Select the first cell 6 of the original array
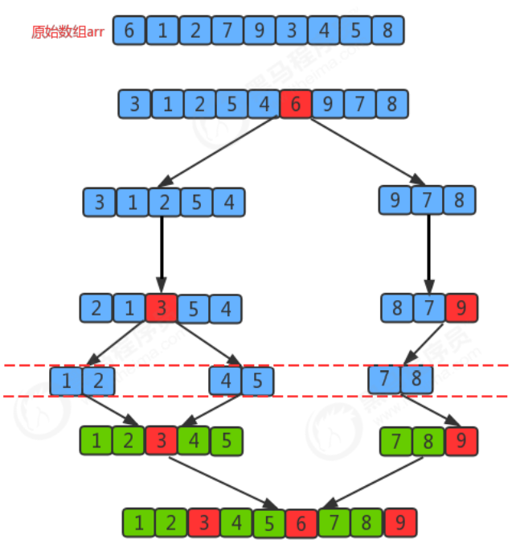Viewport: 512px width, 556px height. (x=129, y=31)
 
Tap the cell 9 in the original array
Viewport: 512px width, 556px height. (x=260, y=31)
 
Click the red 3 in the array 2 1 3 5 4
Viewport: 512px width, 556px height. (x=161, y=308)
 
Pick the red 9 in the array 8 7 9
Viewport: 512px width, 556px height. (x=460, y=308)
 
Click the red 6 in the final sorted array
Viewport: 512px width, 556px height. (x=301, y=523)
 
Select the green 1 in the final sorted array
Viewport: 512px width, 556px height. (x=139, y=523)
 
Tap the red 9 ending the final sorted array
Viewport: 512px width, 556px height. (x=400, y=523)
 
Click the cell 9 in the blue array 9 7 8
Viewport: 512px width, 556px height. (x=395, y=200)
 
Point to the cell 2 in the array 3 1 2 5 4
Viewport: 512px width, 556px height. (x=164, y=201)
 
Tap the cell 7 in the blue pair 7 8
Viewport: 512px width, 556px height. (x=385, y=378)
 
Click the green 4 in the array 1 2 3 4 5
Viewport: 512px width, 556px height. (x=194, y=440)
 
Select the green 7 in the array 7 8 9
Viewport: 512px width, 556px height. (x=395, y=440)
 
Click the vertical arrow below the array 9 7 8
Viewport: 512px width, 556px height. (x=428, y=253)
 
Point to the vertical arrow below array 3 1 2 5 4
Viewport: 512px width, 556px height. (x=162, y=253)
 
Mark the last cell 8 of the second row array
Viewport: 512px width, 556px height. (x=392, y=104)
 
